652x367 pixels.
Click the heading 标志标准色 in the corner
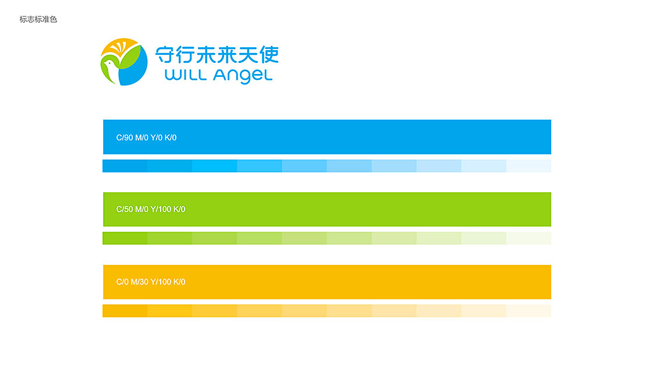tap(38, 20)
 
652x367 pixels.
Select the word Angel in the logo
tap(243, 76)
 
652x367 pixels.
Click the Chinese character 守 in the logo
tap(164, 55)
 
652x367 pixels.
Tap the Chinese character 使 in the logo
tap(268, 55)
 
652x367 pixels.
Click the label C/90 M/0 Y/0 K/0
tap(146, 137)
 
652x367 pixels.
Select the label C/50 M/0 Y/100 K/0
tap(151, 209)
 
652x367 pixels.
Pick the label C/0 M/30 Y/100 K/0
tap(151, 282)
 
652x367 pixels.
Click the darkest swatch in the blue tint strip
tap(125, 166)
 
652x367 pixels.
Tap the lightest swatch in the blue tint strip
tap(529, 166)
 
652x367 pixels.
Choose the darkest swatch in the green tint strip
tap(125, 238)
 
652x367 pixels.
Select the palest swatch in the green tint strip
tap(529, 238)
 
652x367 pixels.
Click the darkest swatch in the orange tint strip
tap(125, 311)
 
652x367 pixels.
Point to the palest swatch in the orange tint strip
tap(529, 311)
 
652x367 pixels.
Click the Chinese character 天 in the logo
tap(247, 55)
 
